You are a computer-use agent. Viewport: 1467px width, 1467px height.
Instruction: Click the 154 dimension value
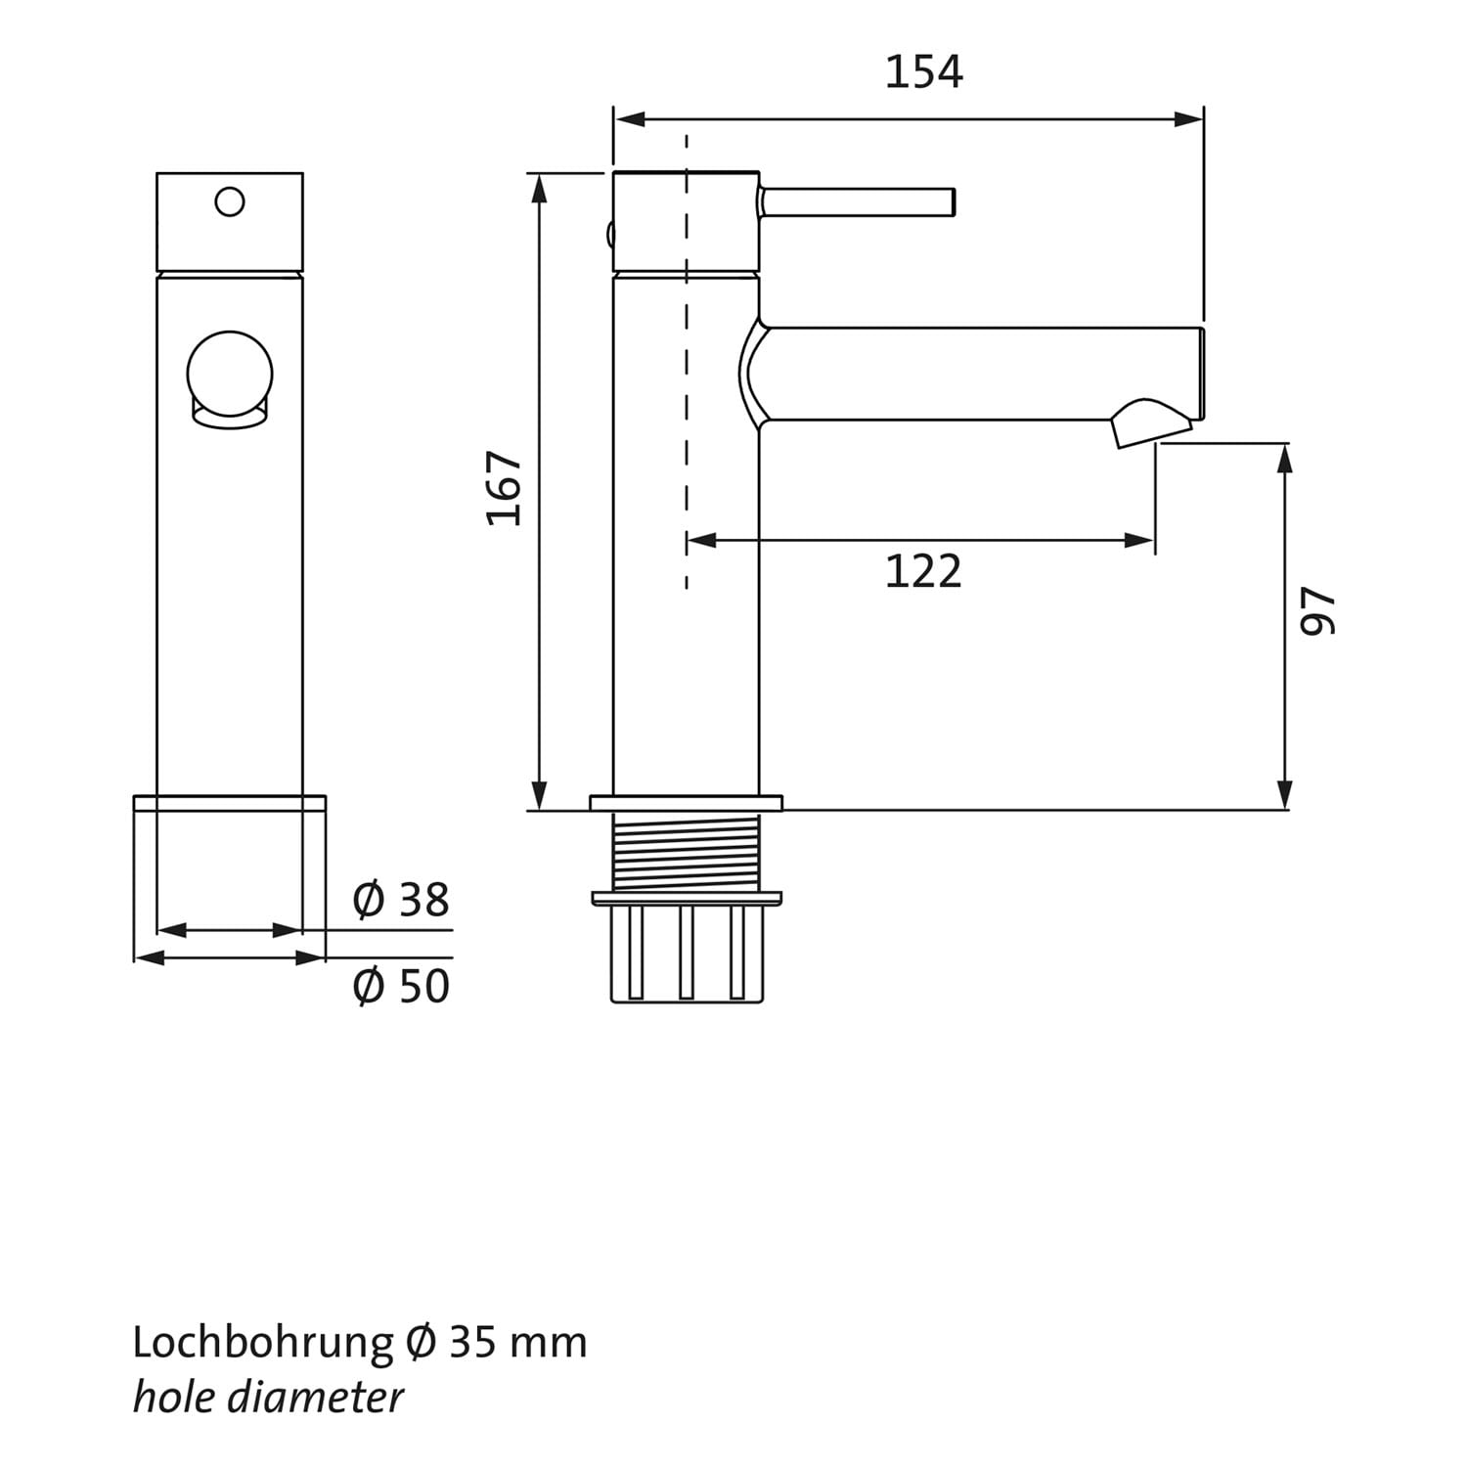pos(923,72)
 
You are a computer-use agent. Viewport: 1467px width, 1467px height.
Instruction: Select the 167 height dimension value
pos(505,488)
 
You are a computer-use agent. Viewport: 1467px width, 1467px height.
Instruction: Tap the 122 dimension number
pos(923,571)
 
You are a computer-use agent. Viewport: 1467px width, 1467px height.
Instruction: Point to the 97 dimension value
pos(1316,611)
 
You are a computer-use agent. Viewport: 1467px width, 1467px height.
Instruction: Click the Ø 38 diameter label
pos(401,900)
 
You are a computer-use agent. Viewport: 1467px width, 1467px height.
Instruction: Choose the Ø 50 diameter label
pos(401,986)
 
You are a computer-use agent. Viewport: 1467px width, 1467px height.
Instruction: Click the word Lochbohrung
pos(262,1343)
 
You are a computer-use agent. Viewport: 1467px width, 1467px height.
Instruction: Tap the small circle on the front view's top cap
pos(230,202)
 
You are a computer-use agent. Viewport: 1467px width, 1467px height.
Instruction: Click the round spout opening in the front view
pos(230,374)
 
